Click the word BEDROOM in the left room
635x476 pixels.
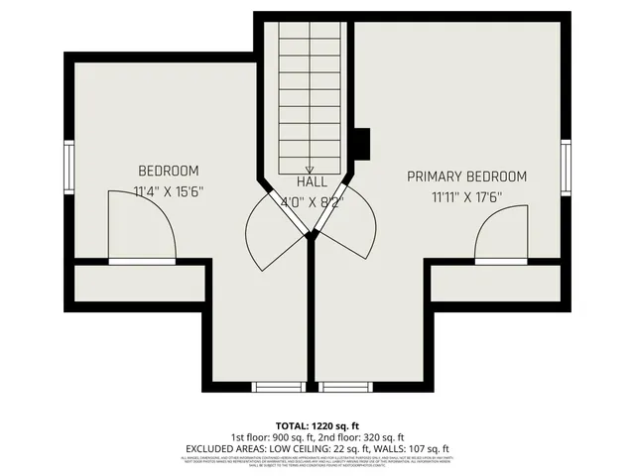168,171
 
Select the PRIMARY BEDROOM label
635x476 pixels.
466,177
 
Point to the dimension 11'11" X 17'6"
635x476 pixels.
466,197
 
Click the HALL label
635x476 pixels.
312,182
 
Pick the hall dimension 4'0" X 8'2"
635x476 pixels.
312,202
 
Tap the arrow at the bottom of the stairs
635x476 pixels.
310,170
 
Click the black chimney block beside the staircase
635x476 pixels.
362,145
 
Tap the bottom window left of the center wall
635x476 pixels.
278,387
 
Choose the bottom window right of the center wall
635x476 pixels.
342,387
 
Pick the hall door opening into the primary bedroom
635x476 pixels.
349,223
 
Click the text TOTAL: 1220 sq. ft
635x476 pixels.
317,423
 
